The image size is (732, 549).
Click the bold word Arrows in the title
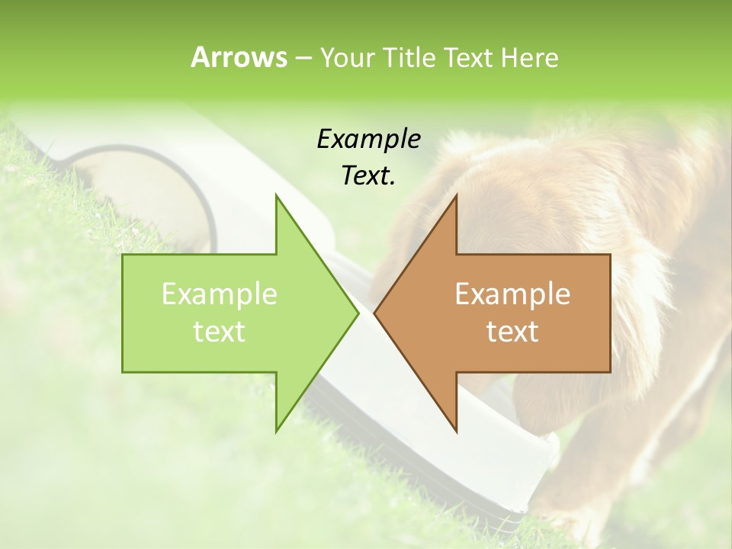[x=239, y=57]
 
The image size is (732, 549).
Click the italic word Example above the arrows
[x=368, y=139]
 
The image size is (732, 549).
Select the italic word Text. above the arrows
[x=368, y=175]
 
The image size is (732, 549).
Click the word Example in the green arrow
[x=220, y=294]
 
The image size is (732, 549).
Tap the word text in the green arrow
[x=220, y=331]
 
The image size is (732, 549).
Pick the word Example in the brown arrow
[x=512, y=294]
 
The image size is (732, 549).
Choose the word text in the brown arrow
[x=512, y=331]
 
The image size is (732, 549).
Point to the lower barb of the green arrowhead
[x=278, y=429]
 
